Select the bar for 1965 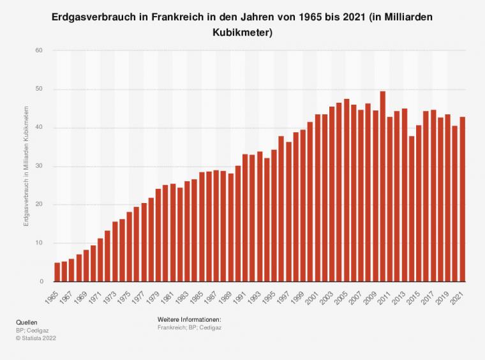(x=57, y=272)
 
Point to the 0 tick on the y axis (x=41, y=281)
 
